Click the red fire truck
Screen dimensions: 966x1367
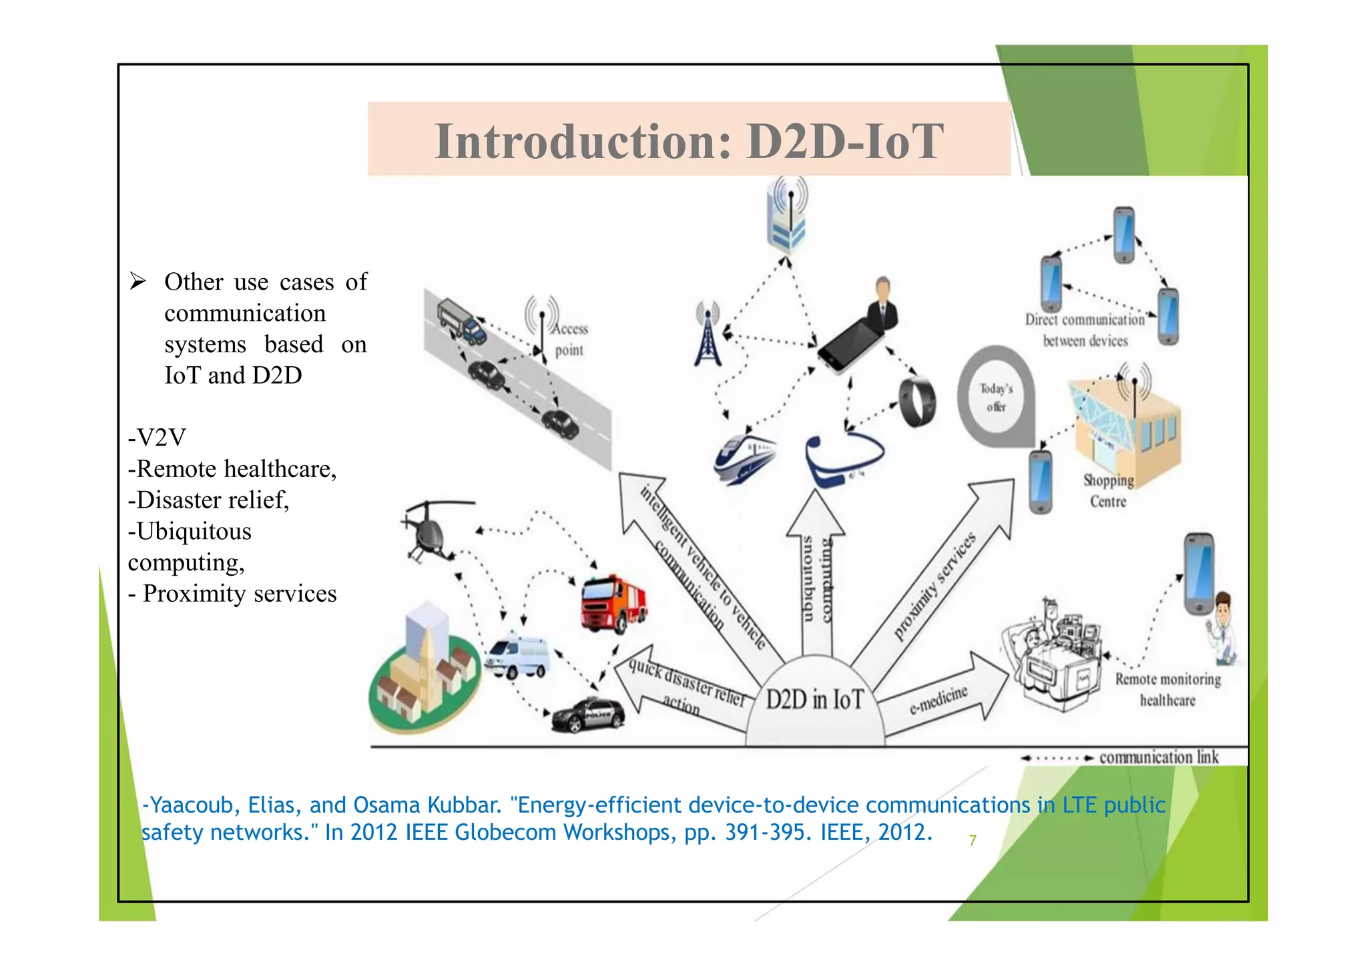pyautogui.click(x=612, y=604)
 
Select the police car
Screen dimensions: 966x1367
pyautogui.click(x=588, y=715)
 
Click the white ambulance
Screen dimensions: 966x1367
pyautogui.click(x=517, y=656)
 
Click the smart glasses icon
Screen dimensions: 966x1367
pyautogui.click(x=843, y=459)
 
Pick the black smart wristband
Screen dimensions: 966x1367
pyautogui.click(x=917, y=402)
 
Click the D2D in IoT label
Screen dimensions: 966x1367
pyautogui.click(x=814, y=700)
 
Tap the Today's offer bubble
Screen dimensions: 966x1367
pyautogui.click(x=996, y=397)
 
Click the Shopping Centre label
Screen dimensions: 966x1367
pyautogui.click(x=1108, y=491)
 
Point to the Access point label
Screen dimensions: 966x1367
pyautogui.click(x=570, y=339)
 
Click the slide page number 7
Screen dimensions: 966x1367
pyautogui.click(x=973, y=841)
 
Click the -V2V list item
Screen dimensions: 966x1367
pyautogui.click(x=157, y=438)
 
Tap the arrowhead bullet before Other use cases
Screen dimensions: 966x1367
pyautogui.click(x=138, y=282)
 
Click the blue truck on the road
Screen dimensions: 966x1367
pyautogui.click(x=461, y=320)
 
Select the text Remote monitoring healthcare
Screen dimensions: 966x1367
pyautogui.click(x=1167, y=690)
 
